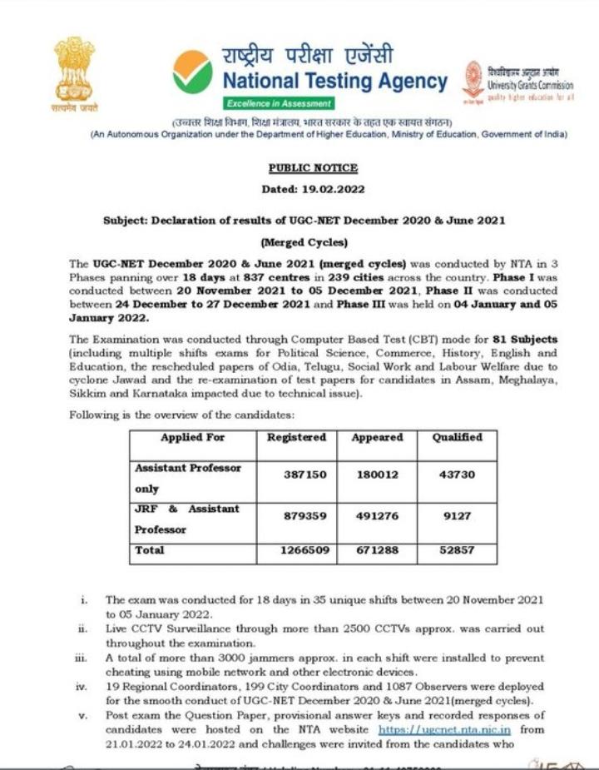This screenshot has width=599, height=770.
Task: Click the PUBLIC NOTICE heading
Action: (x=301, y=168)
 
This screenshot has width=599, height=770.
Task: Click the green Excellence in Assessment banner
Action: (x=280, y=103)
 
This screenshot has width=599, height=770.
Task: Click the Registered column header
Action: (x=296, y=437)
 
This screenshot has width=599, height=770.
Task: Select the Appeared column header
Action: (x=377, y=437)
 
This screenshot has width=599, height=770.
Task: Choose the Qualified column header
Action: (x=457, y=437)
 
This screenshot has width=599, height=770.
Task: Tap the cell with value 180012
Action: (x=376, y=474)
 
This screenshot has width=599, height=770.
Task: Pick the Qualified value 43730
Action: (x=457, y=474)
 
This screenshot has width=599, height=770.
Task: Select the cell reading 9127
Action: (x=457, y=516)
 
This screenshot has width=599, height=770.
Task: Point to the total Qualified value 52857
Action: (x=457, y=551)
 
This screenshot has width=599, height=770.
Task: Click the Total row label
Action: (x=150, y=551)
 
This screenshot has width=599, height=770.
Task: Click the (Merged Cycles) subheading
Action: (x=303, y=243)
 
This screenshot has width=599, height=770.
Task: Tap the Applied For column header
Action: (x=192, y=437)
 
